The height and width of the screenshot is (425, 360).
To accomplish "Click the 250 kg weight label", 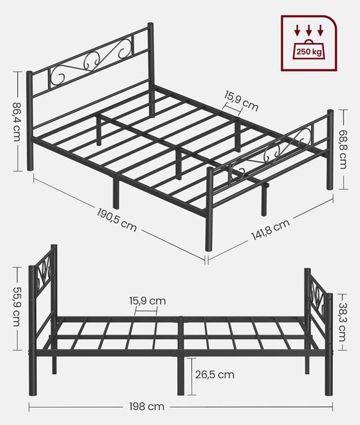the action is point(309,52).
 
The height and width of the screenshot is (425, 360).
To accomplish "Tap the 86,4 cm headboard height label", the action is point(16,122).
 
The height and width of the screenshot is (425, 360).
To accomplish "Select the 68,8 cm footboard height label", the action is point(343,149).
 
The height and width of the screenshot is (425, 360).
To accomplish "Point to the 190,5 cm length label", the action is point(117,220).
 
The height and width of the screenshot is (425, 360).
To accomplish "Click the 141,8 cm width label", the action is point(271,229).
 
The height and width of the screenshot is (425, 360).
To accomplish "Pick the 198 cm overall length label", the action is point(147,407).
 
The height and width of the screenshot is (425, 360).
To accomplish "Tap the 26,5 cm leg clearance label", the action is point(215,375).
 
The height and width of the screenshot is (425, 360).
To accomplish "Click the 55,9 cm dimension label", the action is point(16,307).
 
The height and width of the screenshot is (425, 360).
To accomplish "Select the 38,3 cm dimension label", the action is point(342,322).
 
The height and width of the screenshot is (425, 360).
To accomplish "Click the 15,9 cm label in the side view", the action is point(147,301).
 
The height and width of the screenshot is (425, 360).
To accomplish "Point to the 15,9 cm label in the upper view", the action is point(241,101).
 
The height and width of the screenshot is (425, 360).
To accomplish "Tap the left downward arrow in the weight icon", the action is point(297,30).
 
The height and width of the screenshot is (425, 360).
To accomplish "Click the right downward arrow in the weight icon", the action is point(321,30).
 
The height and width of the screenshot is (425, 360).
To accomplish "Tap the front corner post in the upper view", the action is point(209,209).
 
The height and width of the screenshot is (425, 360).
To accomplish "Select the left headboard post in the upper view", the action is point(29,120).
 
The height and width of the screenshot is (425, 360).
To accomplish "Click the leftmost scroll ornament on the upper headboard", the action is point(58,75).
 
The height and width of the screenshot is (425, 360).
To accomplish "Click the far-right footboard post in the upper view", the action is point(330,149).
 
